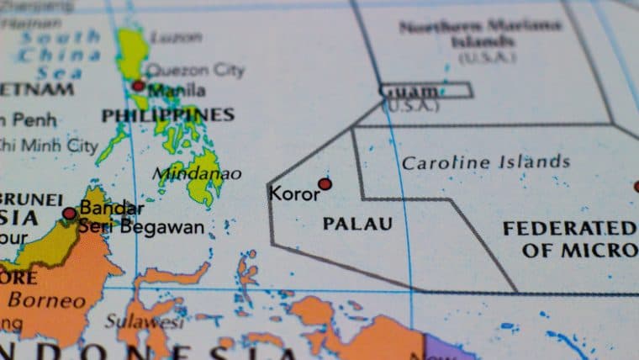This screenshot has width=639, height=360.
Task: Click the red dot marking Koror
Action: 325,183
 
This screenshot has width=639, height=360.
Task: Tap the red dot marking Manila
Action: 138,86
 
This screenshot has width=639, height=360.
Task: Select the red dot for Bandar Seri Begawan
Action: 69,214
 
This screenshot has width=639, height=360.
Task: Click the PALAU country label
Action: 357,224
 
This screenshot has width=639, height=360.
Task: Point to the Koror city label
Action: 294,193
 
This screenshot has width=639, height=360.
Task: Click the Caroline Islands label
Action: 485,161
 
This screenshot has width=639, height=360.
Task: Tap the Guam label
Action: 409,91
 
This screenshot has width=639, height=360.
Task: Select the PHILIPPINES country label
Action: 168,114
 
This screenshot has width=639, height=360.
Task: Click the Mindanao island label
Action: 199,174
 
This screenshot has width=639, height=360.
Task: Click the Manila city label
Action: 177,89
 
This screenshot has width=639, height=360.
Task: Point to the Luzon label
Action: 176,37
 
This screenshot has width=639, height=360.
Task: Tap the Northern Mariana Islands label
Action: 480,34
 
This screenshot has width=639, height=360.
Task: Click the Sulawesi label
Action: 145,321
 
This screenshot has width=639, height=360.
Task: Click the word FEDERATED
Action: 569,228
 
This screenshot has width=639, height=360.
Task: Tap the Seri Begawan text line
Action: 141,226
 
